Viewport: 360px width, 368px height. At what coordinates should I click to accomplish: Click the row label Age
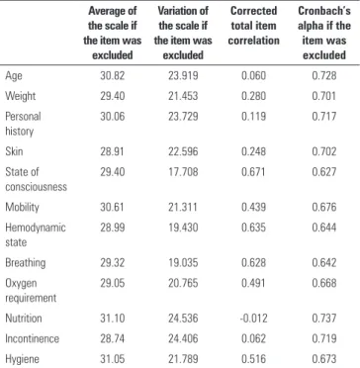click(14, 76)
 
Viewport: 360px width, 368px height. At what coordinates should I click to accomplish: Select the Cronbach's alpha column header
click(324, 33)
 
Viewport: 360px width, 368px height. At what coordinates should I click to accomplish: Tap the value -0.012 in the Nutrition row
click(253, 319)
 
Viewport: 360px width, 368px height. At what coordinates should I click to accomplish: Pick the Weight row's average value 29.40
click(113, 96)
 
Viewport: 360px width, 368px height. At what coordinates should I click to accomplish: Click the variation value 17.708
click(183, 172)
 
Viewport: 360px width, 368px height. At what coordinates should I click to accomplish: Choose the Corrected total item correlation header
click(253, 26)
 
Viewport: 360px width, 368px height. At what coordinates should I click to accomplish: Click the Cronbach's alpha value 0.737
click(324, 319)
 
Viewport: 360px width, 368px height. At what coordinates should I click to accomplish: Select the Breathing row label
click(26, 263)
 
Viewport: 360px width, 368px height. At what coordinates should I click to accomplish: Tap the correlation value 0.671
click(253, 172)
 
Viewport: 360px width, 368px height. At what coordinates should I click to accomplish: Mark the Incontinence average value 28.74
click(113, 338)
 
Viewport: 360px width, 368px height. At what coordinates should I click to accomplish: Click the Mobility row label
click(22, 208)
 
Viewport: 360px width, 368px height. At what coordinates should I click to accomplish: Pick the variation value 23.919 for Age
click(183, 76)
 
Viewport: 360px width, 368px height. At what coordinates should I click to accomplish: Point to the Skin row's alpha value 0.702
click(324, 151)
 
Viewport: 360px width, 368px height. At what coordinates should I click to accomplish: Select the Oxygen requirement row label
click(31, 291)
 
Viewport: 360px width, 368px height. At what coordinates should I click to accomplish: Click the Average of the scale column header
click(113, 33)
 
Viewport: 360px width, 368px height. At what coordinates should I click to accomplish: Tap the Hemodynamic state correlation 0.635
click(253, 228)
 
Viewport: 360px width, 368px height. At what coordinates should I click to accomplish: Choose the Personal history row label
click(23, 124)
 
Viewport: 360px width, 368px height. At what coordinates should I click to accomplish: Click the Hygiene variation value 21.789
click(183, 359)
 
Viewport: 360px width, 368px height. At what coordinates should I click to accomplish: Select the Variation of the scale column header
click(183, 33)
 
